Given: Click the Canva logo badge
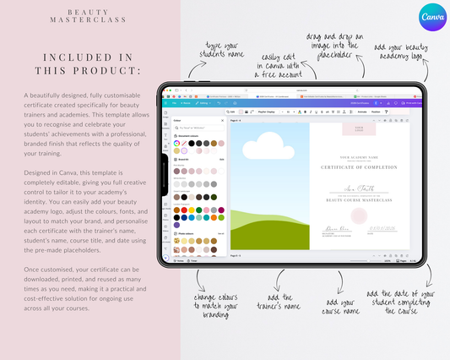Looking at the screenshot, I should click(431, 19).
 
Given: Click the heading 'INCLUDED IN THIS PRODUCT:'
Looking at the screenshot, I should click(89, 64).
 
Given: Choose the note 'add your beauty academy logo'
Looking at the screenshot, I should click(402, 50).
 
